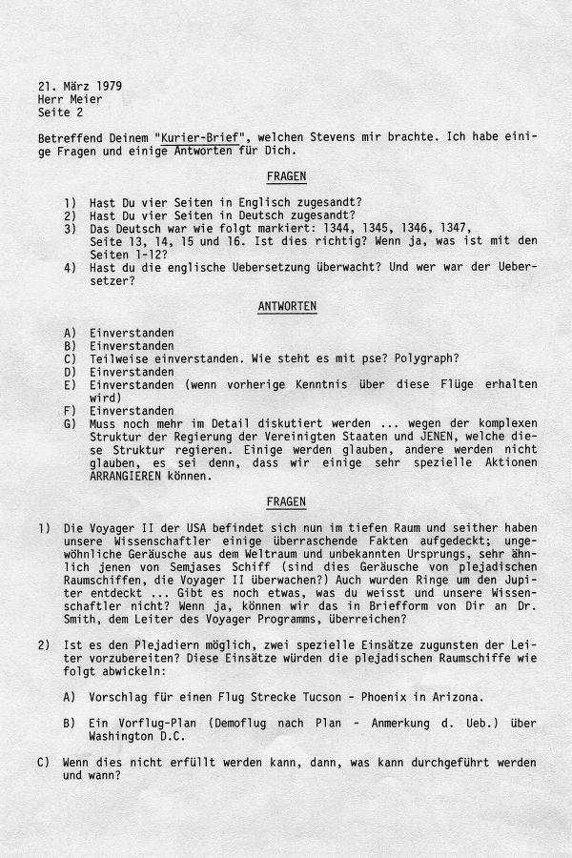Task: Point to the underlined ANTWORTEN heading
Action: point(287,306)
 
